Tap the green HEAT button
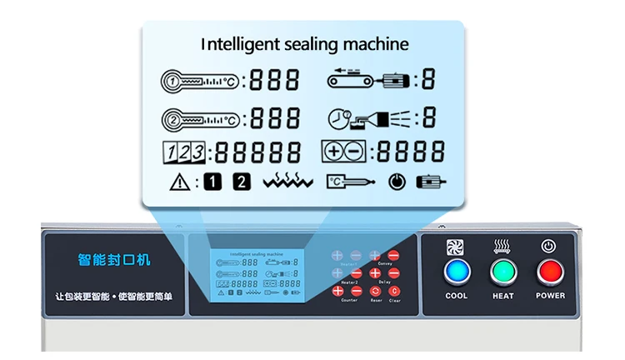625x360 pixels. click(x=502, y=272)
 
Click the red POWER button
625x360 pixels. click(x=549, y=272)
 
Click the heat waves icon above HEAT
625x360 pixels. click(x=502, y=246)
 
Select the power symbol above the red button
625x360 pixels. click(x=548, y=246)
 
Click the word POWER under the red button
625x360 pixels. click(x=550, y=296)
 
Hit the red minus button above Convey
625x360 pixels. click(x=393, y=256)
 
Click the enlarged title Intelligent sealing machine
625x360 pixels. click(x=305, y=43)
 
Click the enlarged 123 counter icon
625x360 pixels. click(x=182, y=152)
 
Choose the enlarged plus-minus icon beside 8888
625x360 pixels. click(x=342, y=152)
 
